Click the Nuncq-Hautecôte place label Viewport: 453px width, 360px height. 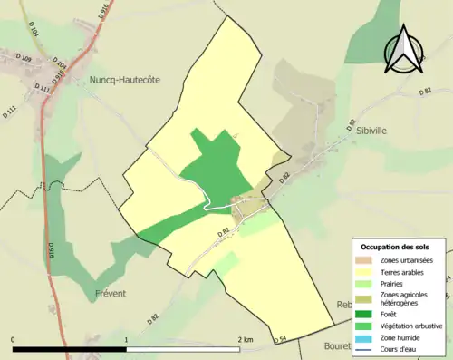coord(124,80)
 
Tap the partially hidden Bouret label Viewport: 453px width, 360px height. coord(341,345)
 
